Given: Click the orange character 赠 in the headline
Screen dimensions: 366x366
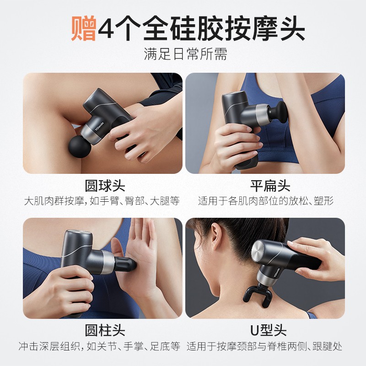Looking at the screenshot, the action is tap(84, 28).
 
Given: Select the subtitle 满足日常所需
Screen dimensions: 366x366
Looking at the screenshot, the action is tap(186, 54).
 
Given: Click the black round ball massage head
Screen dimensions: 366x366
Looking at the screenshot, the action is tap(80, 147).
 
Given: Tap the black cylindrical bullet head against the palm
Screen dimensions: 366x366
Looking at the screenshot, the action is tap(125, 264).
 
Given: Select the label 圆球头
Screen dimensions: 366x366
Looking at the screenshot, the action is tap(105, 186).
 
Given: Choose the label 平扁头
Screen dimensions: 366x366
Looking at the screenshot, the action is tap(270, 186).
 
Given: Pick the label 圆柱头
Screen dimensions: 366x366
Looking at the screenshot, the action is tap(105, 330).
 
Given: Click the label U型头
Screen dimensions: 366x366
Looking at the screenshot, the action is tap(269, 330).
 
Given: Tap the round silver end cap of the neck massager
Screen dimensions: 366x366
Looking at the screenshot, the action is tap(257, 250).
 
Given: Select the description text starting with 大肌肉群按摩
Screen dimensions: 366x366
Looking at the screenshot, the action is tap(102, 201).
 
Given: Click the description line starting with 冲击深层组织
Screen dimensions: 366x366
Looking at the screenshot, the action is tap(99, 346).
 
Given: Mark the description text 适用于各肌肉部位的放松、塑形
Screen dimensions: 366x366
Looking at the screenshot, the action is tap(266, 201).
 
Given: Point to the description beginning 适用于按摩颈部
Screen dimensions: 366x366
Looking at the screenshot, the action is tap(264, 346).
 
